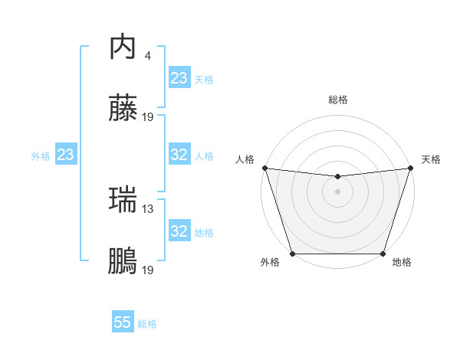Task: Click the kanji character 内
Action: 123,47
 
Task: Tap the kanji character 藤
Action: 123,110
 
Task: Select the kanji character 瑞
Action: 123,200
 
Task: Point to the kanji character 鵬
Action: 123,263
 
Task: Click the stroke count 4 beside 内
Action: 147,55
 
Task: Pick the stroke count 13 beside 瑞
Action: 148,208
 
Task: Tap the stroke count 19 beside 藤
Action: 148,117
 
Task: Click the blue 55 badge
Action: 123,322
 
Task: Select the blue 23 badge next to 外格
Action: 65,155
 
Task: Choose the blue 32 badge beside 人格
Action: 179,155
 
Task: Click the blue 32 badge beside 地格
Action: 179,231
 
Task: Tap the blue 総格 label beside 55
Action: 147,324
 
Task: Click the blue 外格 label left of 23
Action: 41,155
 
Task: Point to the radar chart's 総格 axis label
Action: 337,100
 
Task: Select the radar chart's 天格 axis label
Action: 431,159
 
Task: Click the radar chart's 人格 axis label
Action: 245,159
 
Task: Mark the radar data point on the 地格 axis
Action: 383,254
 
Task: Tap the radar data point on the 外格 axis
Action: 292,254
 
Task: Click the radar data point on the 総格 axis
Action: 337,177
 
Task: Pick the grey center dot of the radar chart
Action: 337,191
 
